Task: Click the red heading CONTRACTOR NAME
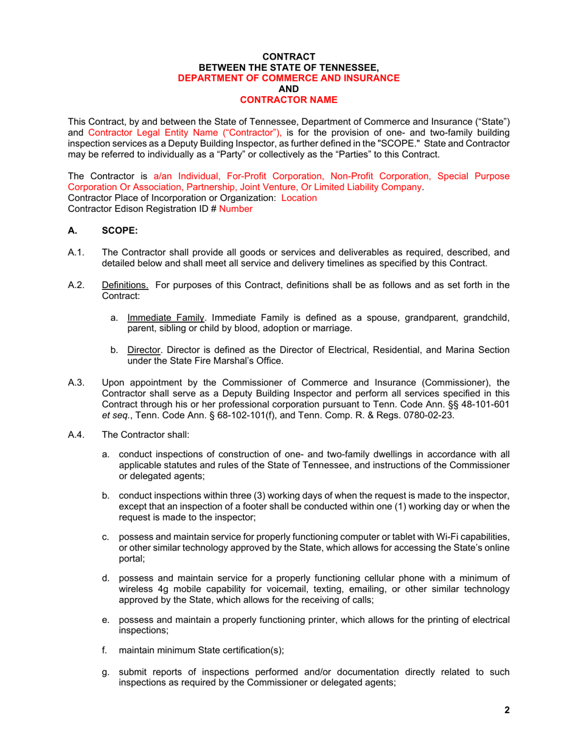point(288,99)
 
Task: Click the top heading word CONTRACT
point(288,57)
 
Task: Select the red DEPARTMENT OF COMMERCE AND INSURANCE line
point(288,78)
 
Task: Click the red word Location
point(299,198)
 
